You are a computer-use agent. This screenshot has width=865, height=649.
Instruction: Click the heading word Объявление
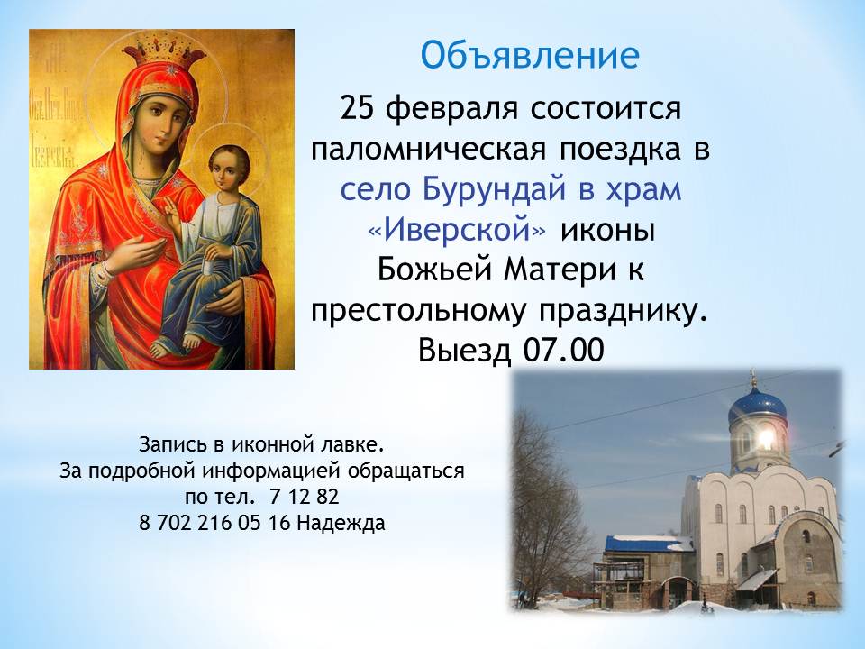(x=530, y=56)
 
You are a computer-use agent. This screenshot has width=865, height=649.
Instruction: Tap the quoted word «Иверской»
(x=458, y=231)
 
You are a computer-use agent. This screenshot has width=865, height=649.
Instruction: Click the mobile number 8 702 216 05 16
(x=214, y=522)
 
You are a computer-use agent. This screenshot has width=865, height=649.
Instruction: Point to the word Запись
(x=169, y=444)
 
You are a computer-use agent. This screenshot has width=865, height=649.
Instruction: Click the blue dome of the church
(x=757, y=407)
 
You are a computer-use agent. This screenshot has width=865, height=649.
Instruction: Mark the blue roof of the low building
(x=649, y=544)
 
